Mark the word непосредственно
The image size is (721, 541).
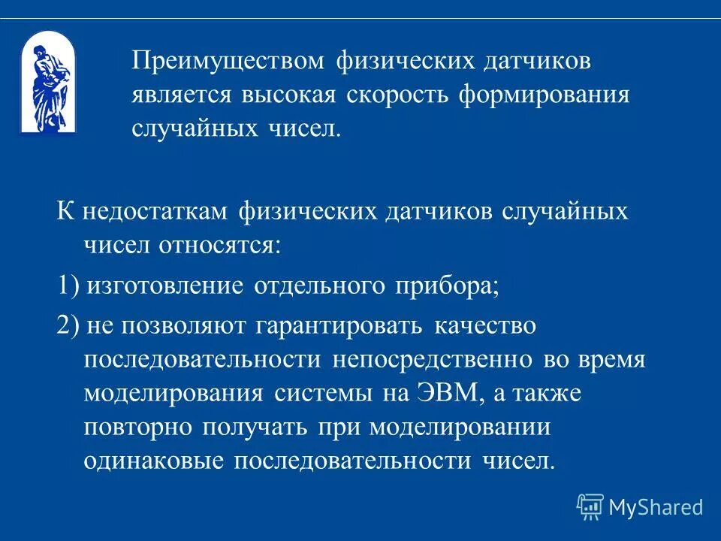point(431,359)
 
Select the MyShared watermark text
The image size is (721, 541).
point(656,507)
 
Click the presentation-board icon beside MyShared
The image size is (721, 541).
point(590,506)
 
